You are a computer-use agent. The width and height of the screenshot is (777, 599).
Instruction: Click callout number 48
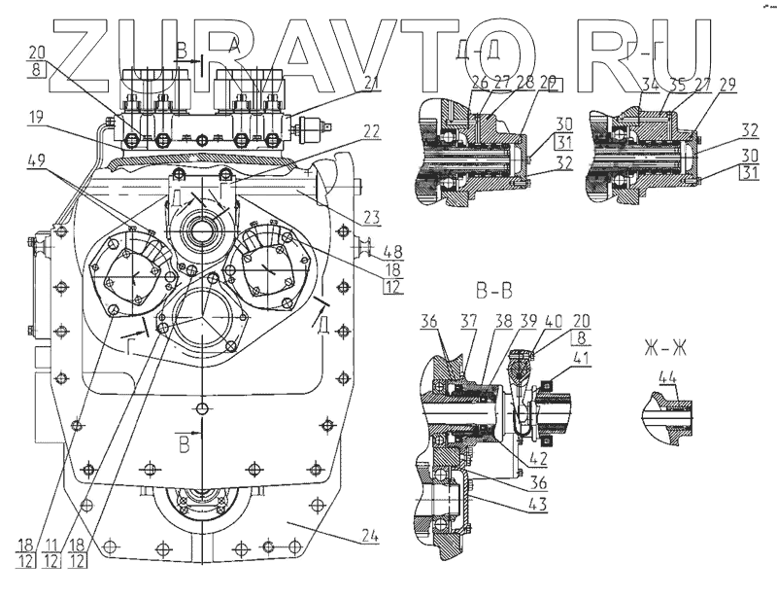[x=392, y=250]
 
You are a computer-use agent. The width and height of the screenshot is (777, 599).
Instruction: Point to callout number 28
[x=525, y=83]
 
